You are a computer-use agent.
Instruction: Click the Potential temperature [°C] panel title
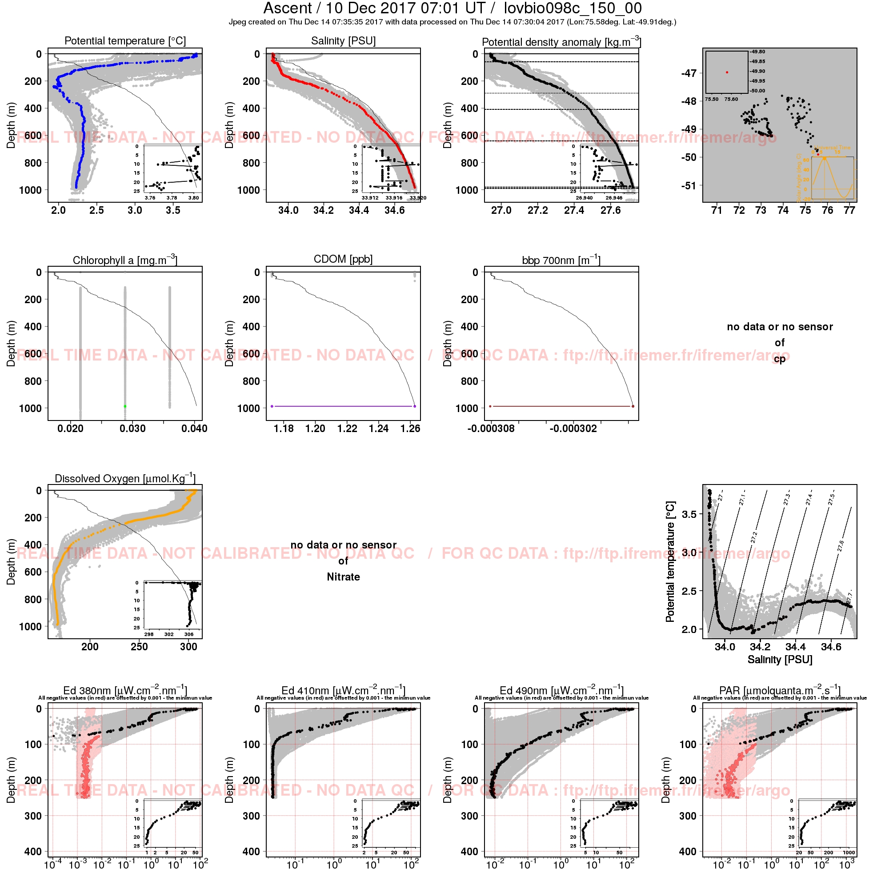pyautogui.click(x=125, y=41)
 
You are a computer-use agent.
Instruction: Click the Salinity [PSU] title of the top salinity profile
pyautogui.click(x=343, y=41)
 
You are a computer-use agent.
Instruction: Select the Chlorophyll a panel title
pyautogui.click(x=125, y=260)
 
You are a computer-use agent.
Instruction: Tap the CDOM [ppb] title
pyautogui.click(x=343, y=259)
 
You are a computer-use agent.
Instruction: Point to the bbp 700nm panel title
pyautogui.click(x=561, y=260)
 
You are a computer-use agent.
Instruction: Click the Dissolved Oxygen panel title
pyautogui.click(x=125, y=478)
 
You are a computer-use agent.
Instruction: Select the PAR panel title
pyautogui.click(x=780, y=691)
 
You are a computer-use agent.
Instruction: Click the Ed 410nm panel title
pyautogui.click(x=343, y=691)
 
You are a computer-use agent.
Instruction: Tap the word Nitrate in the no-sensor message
pyautogui.click(x=343, y=577)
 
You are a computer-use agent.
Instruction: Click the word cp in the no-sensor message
pyautogui.click(x=780, y=359)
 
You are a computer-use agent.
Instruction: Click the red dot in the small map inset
pyautogui.click(x=727, y=72)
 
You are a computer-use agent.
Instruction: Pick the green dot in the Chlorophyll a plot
pyautogui.click(x=125, y=406)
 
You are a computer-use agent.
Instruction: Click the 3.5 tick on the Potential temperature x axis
pyautogui.click(x=173, y=210)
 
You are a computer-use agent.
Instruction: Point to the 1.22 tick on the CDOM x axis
pyautogui.click(x=347, y=428)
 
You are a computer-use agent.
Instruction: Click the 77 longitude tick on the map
pyautogui.click(x=849, y=210)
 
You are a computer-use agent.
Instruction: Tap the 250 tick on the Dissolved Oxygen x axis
pyautogui.click(x=139, y=646)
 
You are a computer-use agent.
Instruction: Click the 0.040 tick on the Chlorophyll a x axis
pyautogui.click(x=194, y=428)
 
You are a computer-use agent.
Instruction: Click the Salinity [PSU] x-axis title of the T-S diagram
pyautogui.click(x=780, y=659)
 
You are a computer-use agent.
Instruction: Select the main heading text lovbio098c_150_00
pyautogui.click(x=573, y=8)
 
